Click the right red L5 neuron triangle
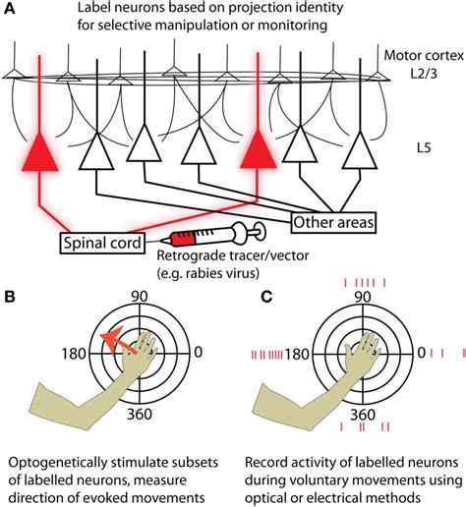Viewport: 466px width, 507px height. point(262,153)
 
